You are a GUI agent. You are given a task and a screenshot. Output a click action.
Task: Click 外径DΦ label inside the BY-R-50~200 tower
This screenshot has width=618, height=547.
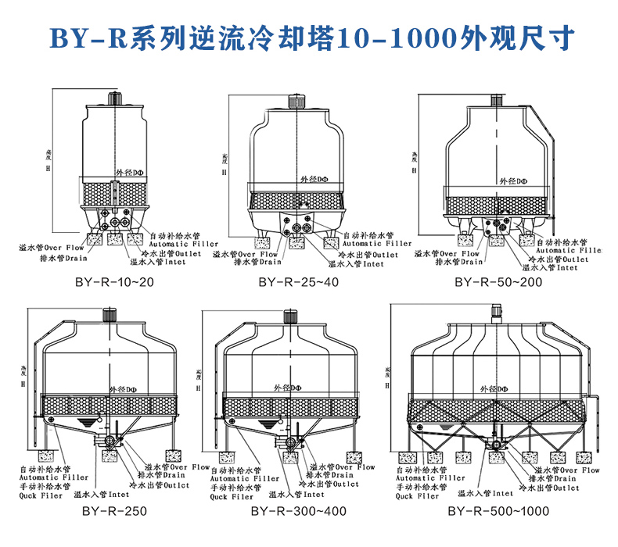point(513,181)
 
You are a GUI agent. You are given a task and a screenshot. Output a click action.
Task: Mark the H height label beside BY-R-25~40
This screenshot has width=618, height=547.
point(225,171)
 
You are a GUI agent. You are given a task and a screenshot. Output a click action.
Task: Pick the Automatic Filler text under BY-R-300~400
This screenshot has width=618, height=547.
point(244,478)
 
